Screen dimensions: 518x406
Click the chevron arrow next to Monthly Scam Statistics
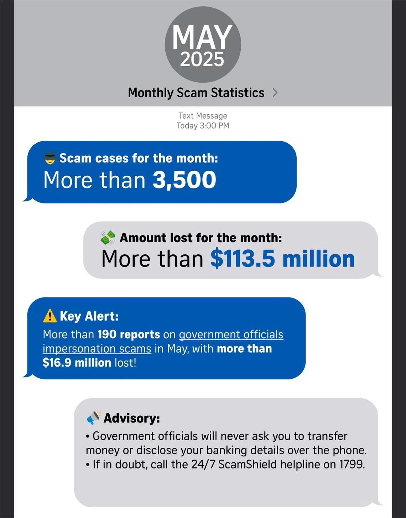(275, 93)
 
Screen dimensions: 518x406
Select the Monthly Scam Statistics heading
(196, 93)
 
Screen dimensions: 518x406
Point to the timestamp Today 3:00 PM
(203, 126)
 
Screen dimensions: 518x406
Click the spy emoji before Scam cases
(50, 158)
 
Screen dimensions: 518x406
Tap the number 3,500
(184, 180)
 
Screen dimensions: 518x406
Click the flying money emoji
(108, 237)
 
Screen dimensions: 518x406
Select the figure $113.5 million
(282, 259)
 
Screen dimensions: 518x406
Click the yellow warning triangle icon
(50, 316)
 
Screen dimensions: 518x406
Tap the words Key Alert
(89, 316)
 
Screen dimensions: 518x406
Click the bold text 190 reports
(129, 335)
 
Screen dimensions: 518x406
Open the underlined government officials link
(231, 335)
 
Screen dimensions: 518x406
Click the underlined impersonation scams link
(97, 348)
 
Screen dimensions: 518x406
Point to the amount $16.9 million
(77, 363)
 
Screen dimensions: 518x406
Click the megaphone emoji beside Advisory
(94, 418)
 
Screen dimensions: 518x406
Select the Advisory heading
(131, 418)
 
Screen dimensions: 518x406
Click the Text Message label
(203, 116)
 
